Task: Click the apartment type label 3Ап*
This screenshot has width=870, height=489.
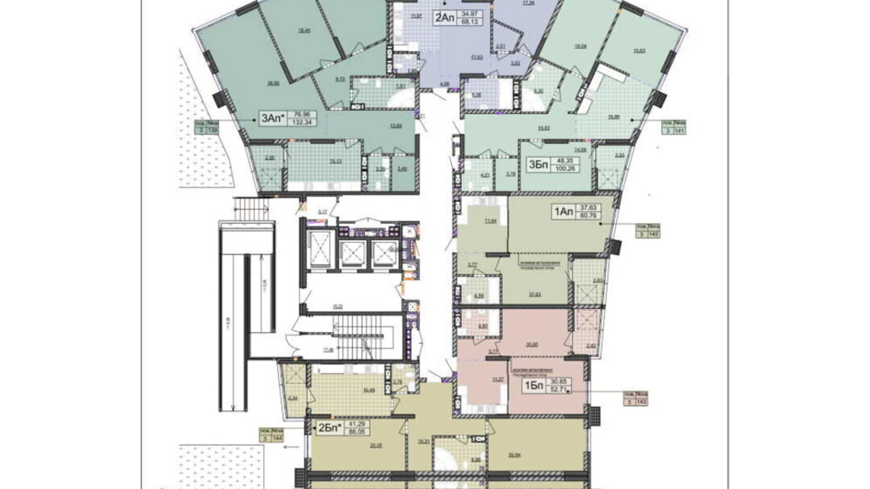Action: tap(273, 118)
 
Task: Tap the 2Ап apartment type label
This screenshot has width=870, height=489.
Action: tap(444, 18)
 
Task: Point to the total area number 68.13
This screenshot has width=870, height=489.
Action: tap(471, 22)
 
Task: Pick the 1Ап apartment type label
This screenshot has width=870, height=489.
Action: tap(563, 212)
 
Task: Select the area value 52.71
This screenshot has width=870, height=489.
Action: tap(559, 389)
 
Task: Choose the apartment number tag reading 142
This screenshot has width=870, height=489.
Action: tap(654, 234)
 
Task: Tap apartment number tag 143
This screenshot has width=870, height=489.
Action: tap(641, 402)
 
